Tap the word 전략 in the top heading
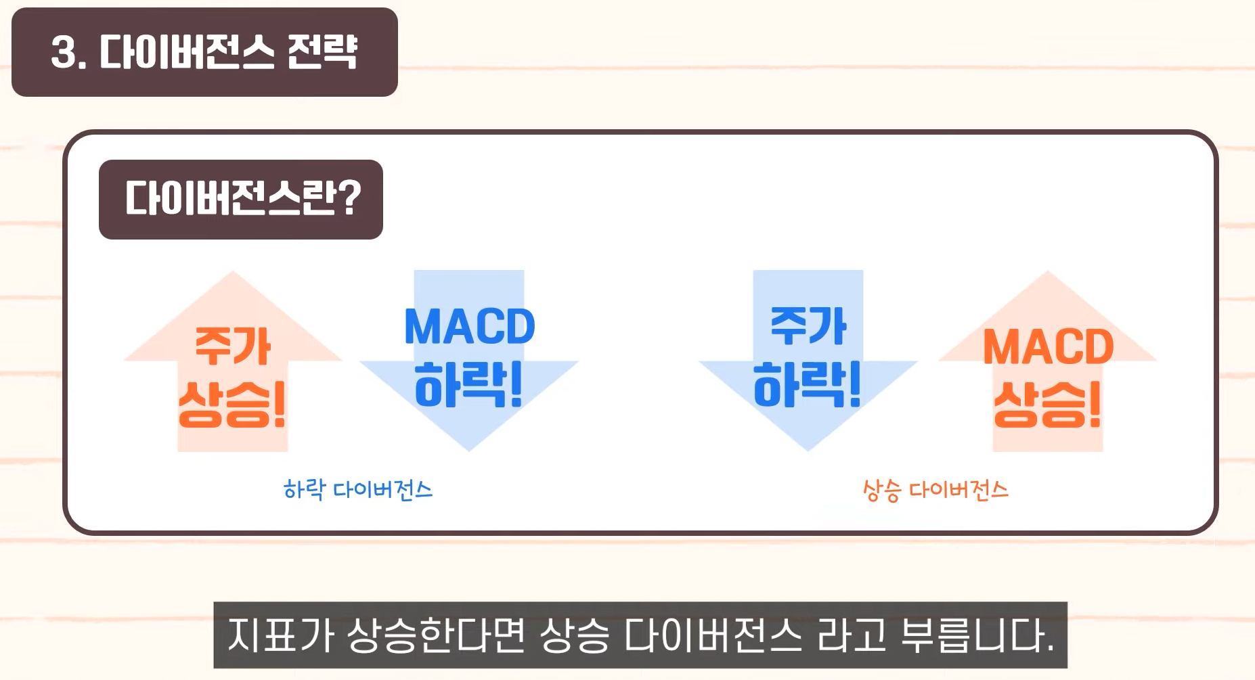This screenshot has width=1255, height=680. pos(322,52)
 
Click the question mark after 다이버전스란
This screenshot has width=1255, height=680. pos(348,199)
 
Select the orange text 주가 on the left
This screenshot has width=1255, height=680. pos(233,346)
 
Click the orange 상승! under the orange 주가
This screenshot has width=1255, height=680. pos(232,404)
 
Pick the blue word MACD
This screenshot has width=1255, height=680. pos(469,327)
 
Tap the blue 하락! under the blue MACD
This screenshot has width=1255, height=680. pos(468,384)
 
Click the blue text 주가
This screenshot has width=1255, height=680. pos(808,326)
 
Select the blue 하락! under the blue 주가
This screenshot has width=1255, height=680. pos(807,384)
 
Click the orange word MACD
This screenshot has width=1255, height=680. pos(1048,347)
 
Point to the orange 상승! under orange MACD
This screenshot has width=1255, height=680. pos(1047,404)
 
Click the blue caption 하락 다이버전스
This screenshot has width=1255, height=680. pos(357,489)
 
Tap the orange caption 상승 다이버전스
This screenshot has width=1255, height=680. pos(935,490)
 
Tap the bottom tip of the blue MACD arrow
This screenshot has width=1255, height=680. pos(469,449)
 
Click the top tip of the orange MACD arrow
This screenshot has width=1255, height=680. pos(1048,273)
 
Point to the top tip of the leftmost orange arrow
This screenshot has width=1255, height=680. pos(233,273)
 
